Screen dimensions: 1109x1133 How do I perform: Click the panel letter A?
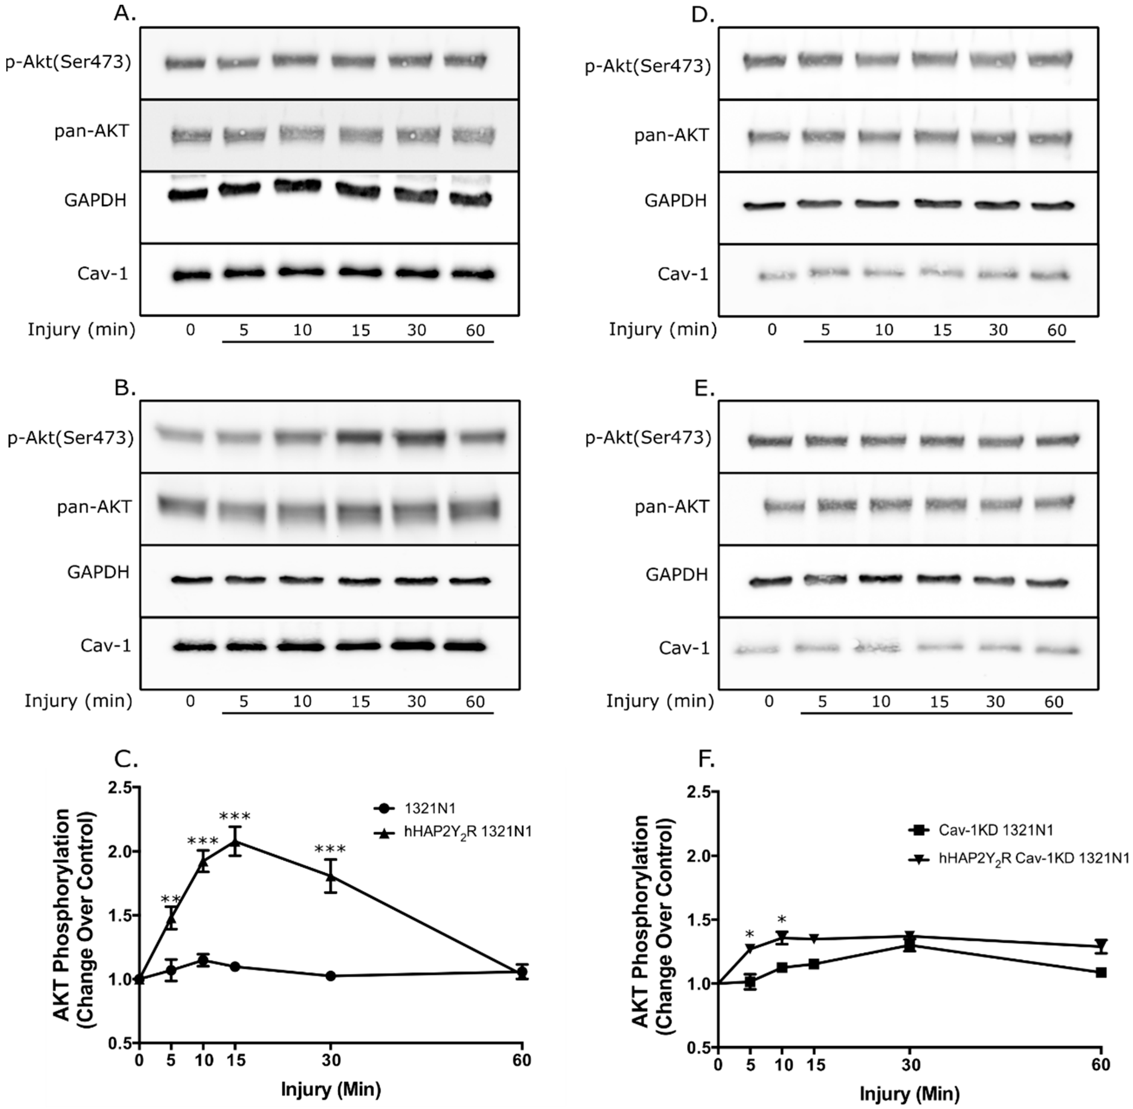coord(125,13)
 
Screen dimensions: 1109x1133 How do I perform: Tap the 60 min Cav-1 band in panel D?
coord(1052,275)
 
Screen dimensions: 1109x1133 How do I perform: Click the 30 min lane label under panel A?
coord(416,331)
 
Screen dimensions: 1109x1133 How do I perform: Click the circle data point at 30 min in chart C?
coord(331,976)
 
